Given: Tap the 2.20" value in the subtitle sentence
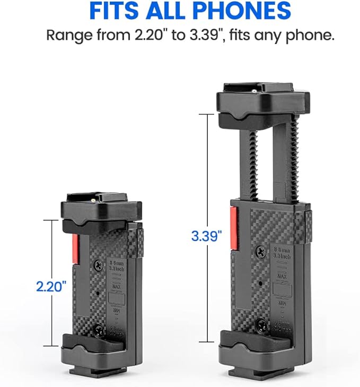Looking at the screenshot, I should [x=143, y=35].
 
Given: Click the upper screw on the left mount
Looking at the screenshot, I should [x=98, y=264].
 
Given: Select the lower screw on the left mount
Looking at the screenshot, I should [x=98, y=330].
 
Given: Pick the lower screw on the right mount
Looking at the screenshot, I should [x=261, y=323].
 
